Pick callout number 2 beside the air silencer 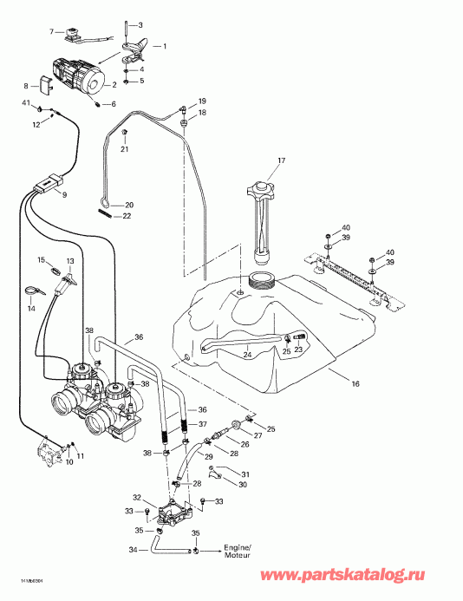click(x=113, y=84)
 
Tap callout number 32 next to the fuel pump click(x=136, y=498)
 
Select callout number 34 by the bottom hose click(x=131, y=550)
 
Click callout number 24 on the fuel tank click(x=246, y=355)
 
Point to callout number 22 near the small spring click(x=127, y=216)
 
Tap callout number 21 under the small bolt click(x=125, y=149)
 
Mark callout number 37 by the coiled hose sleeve click(x=204, y=424)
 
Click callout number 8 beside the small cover click(x=26, y=85)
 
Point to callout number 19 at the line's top click(x=202, y=101)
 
